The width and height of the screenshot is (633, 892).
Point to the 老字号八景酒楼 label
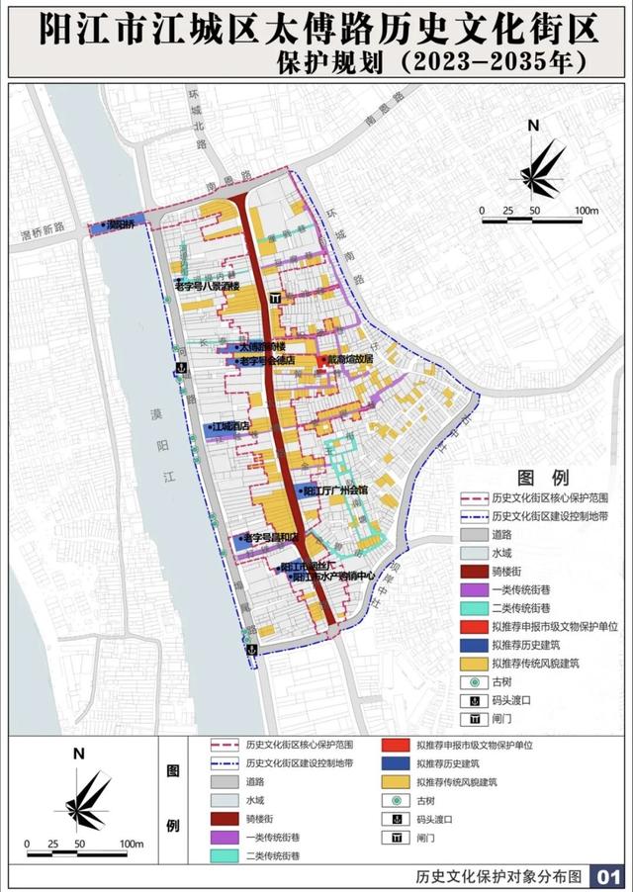pos(207,286)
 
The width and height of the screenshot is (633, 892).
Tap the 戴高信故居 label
pos(350,360)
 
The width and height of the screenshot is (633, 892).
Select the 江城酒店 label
pos(229,427)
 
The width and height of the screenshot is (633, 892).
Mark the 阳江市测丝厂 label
pos(315,566)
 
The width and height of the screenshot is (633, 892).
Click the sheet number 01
pos(605,877)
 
